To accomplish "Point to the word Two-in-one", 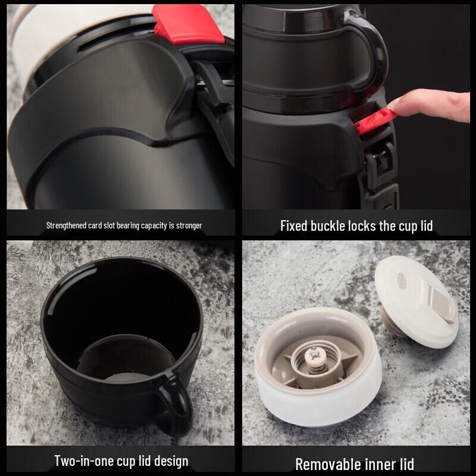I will pos(82,461).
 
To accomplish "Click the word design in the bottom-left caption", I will pos(169,461).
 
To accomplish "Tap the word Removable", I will pos(325,464).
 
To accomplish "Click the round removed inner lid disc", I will pos(416,300).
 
